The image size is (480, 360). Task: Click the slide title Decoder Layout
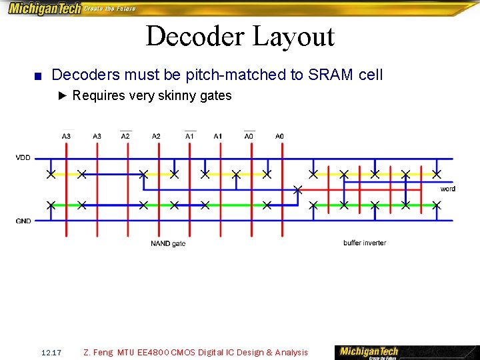tap(239, 36)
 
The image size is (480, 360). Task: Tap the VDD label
tap(23, 158)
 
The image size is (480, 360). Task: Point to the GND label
tap(23, 221)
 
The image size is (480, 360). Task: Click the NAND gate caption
tap(168, 244)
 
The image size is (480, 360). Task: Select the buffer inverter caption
tap(365, 243)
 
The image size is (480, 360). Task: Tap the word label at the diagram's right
tap(448, 189)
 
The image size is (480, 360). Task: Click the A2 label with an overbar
tap(125, 136)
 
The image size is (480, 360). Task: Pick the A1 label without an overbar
tap(218, 136)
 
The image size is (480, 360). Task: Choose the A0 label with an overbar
tap(249, 136)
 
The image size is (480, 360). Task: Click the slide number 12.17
tap(51, 352)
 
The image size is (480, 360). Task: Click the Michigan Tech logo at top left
tap(44, 9)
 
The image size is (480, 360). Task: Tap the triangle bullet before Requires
tap(63, 96)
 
